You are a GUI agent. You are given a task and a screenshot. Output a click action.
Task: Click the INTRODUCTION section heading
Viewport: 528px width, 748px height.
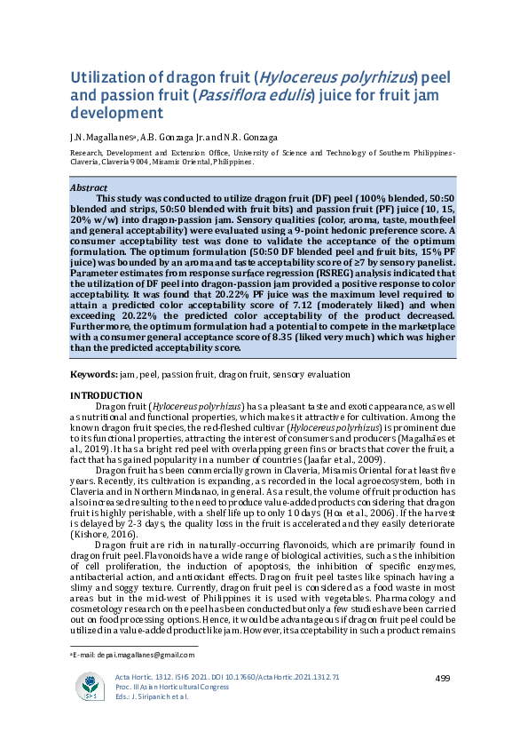106,394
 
